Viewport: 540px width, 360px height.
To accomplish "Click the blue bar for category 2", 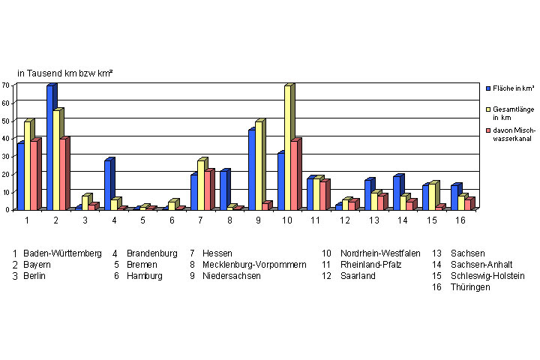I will [50, 148].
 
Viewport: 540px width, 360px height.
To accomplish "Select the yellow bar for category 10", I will [288, 148].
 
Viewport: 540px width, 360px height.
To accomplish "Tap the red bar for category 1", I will [34, 175].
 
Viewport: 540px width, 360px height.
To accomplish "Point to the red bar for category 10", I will [295, 175].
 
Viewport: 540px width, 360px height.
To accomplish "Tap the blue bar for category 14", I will [397, 193].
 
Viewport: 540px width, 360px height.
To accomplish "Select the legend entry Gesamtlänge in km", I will [513, 114].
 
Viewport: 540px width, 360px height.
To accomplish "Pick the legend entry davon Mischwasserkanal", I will [514, 135].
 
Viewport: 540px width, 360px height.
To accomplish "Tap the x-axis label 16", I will [461, 220].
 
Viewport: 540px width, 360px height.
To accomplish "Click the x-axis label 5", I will [142, 220].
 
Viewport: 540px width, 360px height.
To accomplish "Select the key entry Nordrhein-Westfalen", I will [380, 253].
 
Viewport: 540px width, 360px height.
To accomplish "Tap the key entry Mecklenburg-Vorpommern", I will [254, 265].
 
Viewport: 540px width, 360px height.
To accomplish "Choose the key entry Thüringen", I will [470, 287].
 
